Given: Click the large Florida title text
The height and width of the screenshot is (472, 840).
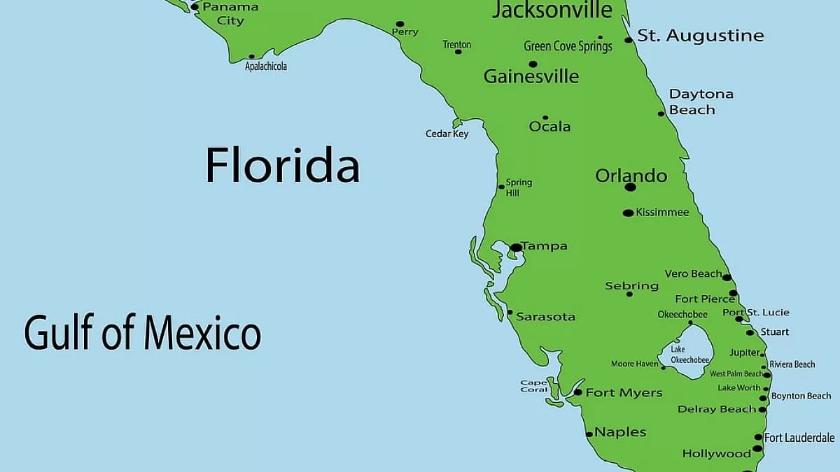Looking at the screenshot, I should [x=282, y=166].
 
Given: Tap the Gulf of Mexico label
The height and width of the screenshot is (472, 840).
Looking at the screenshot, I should [x=143, y=333].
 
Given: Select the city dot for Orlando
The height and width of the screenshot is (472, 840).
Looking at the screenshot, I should [x=630, y=187].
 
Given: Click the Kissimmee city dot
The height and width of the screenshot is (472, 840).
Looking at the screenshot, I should [x=628, y=213].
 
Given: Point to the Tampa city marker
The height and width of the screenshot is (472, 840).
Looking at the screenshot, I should [x=516, y=247].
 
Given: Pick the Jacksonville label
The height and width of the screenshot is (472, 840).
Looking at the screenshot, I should [x=552, y=10].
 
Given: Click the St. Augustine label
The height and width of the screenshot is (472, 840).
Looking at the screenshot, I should [x=700, y=36].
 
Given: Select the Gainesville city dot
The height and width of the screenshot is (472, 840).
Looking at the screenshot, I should [x=533, y=64].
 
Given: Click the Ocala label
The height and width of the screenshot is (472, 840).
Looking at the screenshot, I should [x=549, y=127].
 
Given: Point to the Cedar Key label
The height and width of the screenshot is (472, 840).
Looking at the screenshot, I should [x=447, y=134].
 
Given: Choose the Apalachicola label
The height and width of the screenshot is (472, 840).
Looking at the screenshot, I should [x=266, y=66].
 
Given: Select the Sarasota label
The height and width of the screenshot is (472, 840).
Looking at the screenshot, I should [x=545, y=317].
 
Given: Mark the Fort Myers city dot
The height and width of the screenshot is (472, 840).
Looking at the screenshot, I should [x=577, y=392].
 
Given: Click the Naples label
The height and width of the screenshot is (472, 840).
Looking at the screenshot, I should [x=620, y=432].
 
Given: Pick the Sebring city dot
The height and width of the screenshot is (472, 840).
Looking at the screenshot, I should [x=629, y=294].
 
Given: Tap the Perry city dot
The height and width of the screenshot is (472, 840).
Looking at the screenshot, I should [x=400, y=24].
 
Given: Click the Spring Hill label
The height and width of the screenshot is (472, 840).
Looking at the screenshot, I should [x=519, y=187].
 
